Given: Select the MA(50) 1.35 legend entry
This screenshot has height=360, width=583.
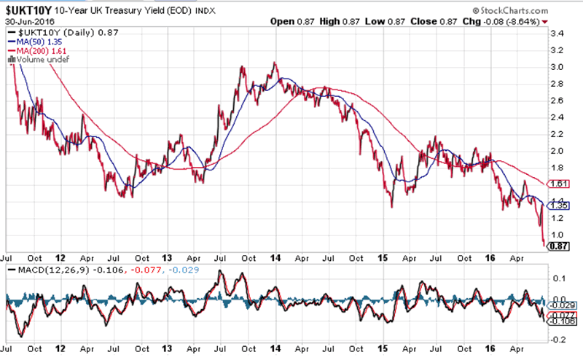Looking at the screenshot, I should pyautogui.click(x=34, y=42).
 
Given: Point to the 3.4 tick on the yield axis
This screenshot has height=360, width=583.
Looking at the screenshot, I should pyautogui.click(x=557, y=34).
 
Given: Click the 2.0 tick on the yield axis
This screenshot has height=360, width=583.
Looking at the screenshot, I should pyautogui.click(x=557, y=151).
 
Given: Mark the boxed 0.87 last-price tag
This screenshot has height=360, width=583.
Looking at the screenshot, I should pyautogui.click(x=558, y=246).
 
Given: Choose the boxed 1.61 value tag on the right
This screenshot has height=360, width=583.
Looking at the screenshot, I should pyautogui.click(x=558, y=184).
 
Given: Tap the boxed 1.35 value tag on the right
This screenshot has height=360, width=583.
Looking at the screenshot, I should pyautogui.click(x=558, y=206).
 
